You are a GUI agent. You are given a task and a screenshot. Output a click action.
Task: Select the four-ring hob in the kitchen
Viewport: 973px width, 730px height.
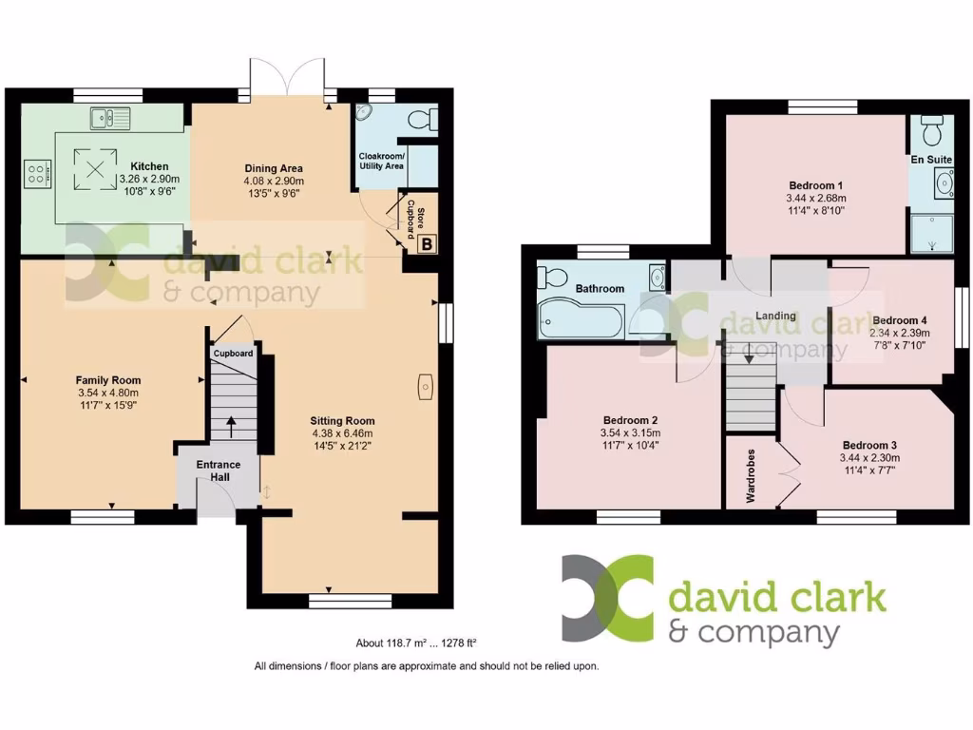coord(36,173)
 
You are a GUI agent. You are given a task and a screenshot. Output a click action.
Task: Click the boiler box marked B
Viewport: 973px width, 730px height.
coord(427,244)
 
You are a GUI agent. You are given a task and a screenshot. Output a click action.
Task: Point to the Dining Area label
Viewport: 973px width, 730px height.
coord(273,169)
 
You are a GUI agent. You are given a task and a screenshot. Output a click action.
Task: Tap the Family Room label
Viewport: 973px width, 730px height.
coord(107,380)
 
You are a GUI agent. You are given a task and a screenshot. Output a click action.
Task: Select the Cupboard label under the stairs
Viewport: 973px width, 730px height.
coord(233,354)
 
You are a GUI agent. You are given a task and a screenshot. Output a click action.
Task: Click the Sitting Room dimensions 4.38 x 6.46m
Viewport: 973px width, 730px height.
coord(343,434)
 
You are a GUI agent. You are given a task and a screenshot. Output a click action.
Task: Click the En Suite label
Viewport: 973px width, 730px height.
coord(931,159)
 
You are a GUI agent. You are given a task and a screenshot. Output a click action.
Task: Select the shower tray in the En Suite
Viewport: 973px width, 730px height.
coord(931,233)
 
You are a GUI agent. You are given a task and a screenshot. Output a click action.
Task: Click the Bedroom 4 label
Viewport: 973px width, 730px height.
coord(899,320)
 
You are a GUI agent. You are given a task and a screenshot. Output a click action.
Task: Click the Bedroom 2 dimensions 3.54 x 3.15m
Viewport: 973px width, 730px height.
coord(630,433)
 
